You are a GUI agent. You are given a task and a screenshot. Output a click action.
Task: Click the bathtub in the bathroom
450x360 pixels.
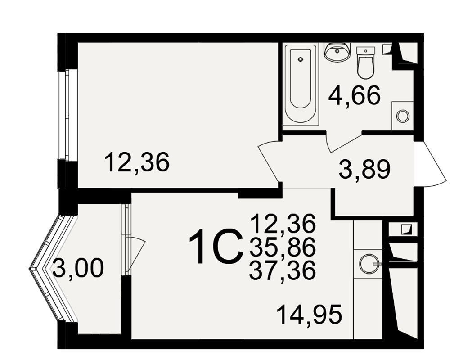coord(301,84)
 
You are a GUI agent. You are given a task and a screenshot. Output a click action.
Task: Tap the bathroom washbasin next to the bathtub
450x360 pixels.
coord(337,52)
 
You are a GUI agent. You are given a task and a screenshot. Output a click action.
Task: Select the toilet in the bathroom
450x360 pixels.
coord(366,63)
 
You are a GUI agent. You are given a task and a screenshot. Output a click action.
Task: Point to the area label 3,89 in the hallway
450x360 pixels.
coord(364,169)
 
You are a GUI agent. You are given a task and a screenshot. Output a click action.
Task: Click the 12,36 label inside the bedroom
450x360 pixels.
coord(137,162)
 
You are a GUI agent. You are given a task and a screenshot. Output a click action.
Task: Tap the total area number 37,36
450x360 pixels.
coord(283,270)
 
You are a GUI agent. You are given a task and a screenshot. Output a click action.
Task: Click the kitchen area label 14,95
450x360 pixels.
coord(310,315)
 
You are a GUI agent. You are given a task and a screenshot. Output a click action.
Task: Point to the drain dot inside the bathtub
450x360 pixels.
coord(301,60)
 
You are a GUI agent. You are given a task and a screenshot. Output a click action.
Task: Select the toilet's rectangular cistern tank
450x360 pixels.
coord(366,51)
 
